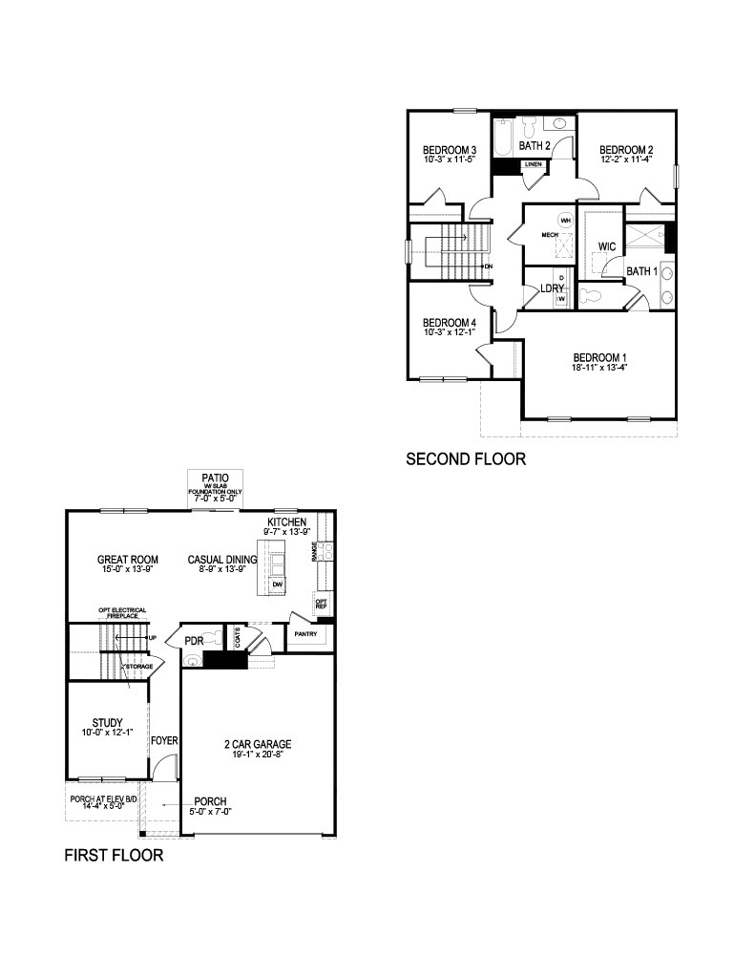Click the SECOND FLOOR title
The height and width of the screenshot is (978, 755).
point(465,459)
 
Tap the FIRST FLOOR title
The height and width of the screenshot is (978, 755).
point(114,856)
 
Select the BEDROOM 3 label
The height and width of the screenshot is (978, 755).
point(450,150)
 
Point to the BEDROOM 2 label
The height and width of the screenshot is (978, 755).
point(626,150)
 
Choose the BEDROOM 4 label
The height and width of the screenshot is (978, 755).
point(450,323)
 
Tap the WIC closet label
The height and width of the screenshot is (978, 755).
point(606,247)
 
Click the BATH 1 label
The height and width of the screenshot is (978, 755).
point(642,272)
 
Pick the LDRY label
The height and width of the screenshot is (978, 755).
point(552,288)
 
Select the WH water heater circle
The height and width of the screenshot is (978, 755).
point(565,220)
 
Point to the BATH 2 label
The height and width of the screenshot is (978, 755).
point(535,146)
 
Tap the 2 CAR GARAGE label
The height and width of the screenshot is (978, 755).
point(258,744)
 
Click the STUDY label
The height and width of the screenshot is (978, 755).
point(106,721)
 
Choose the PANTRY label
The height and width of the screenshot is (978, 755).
point(305,633)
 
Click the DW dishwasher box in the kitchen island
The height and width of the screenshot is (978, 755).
point(277,585)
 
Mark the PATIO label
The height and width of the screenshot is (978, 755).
point(216,477)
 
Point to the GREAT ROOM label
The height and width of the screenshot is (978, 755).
point(127,560)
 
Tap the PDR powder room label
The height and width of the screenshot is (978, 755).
point(194,640)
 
